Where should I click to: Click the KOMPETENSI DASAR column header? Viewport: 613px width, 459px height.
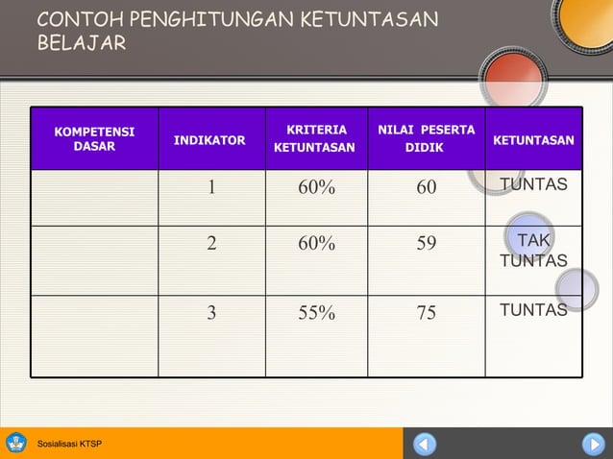coord(94,139)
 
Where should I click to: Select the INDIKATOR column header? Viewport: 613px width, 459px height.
coord(209,140)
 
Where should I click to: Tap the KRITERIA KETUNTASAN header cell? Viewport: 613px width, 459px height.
coord(315,138)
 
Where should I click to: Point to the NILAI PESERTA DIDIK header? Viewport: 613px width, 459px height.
coord(426,138)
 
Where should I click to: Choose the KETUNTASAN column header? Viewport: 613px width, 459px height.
coord(533,140)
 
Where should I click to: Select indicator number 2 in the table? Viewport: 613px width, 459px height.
coord(212,244)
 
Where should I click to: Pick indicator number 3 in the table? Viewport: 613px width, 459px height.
coord(212,311)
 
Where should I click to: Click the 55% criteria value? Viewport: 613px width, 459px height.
coord(316,311)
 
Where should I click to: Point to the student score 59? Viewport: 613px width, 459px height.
coord(426,244)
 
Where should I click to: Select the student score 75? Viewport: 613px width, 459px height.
coord(426,311)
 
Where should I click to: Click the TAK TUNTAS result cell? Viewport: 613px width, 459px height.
coord(533,251)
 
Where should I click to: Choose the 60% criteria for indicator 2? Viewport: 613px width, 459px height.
coord(316,244)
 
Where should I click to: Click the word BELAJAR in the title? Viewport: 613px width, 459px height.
coord(82,44)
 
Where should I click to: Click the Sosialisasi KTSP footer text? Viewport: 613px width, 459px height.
coord(69,444)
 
